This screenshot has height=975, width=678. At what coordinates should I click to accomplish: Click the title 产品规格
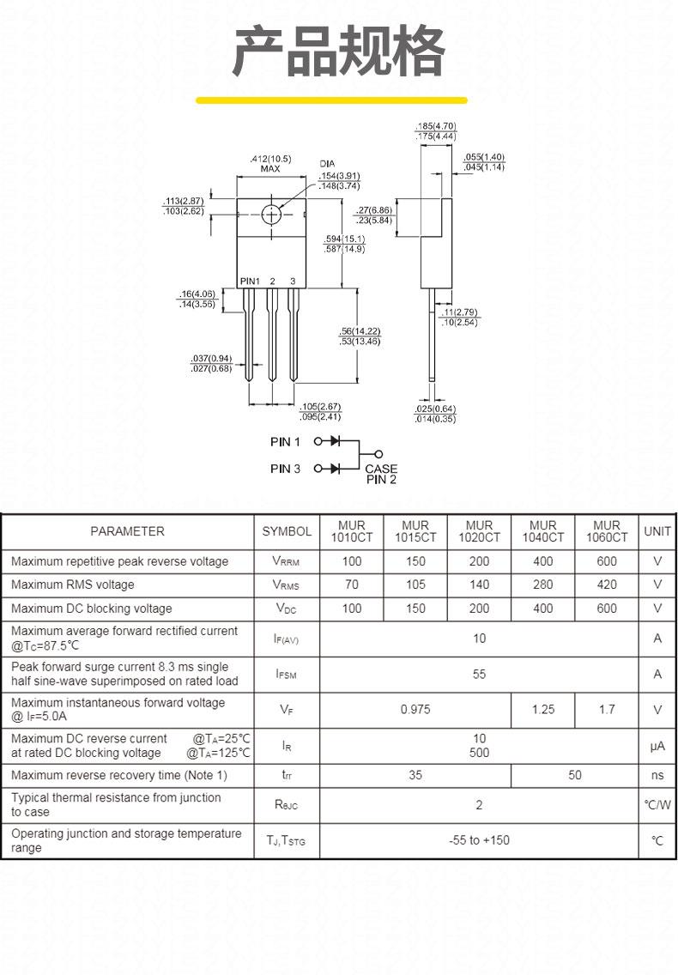pyautogui.click(x=339, y=51)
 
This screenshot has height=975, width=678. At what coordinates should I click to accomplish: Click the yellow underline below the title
pyautogui.click(x=331, y=100)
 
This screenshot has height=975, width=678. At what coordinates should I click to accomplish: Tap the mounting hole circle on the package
pyautogui.click(x=272, y=215)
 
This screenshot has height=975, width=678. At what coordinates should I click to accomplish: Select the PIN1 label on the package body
pyautogui.click(x=250, y=281)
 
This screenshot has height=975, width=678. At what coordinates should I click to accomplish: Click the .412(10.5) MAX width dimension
pyautogui.click(x=270, y=164)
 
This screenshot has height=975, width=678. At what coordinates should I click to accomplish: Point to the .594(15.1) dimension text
pyautogui.click(x=345, y=239)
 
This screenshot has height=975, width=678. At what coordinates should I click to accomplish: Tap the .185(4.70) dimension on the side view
pyautogui.click(x=436, y=126)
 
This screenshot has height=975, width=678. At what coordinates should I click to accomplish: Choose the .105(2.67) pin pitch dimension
pyautogui.click(x=320, y=407)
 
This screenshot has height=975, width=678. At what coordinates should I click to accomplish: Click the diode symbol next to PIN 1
pyautogui.click(x=336, y=441)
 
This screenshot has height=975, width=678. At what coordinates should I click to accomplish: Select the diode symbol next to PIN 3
pyautogui.click(x=336, y=469)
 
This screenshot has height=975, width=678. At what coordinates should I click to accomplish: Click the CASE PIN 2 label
pyautogui.click(x=381, y=474)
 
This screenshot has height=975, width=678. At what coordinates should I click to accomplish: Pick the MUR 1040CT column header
pyautogui.click(x=543, y=531)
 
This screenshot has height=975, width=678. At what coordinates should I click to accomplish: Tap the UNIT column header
pyautogui.click(x=657, y=531)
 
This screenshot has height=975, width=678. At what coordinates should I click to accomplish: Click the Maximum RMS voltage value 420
pyautogui.click(x=607, y=584)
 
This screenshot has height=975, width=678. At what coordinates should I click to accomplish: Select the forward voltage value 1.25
pyautogui.click(x=543, y=710)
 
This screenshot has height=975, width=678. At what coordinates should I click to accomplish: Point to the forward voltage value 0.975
pyautogui.click(x=415, y=710)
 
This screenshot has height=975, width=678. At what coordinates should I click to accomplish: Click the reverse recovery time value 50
pyautogui.click(x=575, y=775)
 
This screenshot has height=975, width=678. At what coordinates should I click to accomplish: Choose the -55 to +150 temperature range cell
pyautogui.click(x=479, y=841)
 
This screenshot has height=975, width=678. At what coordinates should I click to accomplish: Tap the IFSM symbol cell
pyautogui.click(x=286, y=675)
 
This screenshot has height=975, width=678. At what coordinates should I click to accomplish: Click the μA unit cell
pyautogui.click(x=657, y=746)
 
